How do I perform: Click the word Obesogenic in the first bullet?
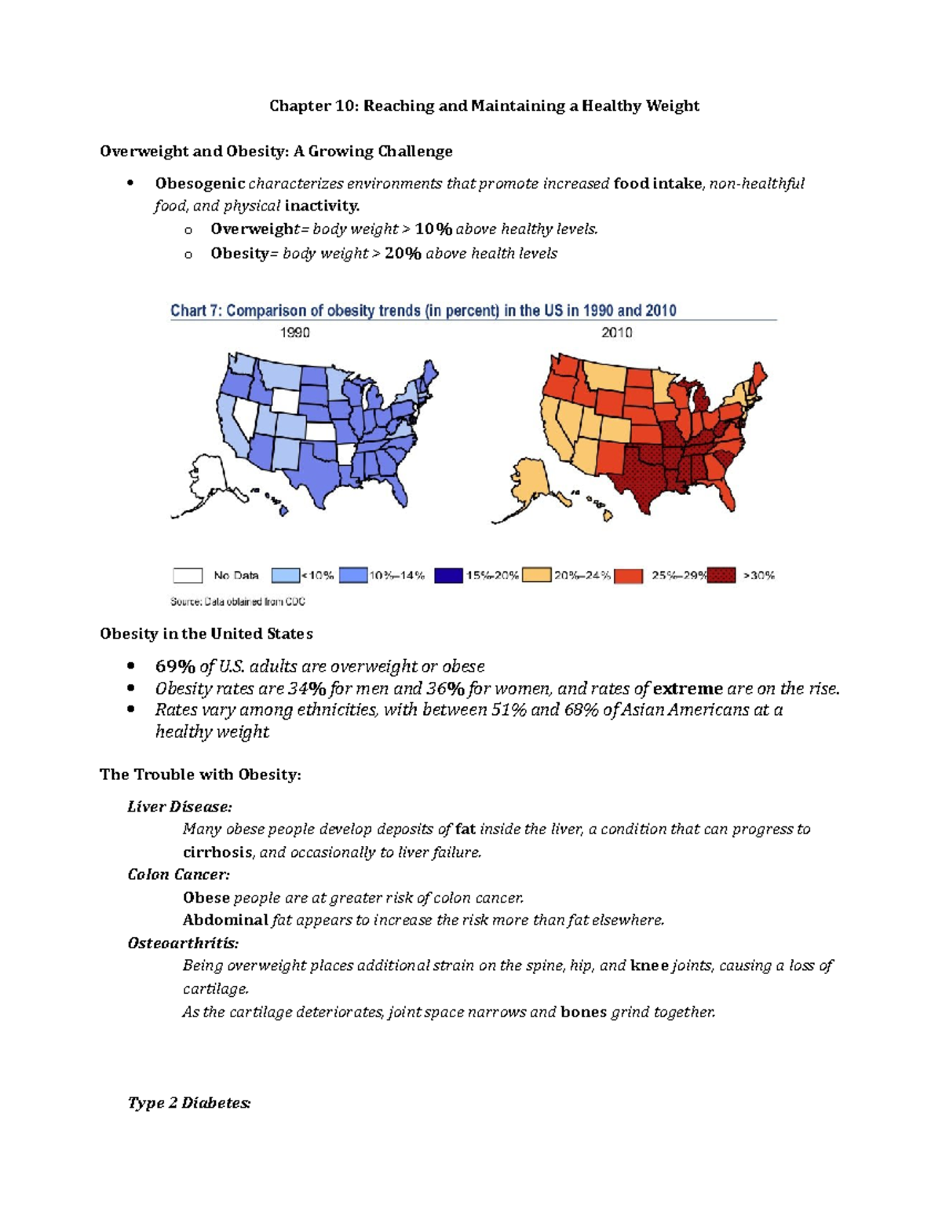[199, 184]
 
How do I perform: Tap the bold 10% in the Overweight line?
[433, 229]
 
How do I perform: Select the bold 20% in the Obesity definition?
[403, 254]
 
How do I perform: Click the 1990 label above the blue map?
[295, 333]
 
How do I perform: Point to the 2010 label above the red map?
[617, 333]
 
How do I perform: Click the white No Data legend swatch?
[188, 576]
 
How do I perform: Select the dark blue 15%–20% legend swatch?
[448, 576]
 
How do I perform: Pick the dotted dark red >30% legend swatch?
[721, 576]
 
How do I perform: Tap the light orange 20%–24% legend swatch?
[537, 576]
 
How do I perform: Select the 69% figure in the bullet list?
[175, 667]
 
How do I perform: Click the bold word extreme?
[688, 689]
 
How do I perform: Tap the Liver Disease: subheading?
[180, 807]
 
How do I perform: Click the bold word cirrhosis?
[217, 852]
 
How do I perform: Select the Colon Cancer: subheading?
[179, 875]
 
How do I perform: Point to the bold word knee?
[649, 965]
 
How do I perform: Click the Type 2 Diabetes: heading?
[189, 1103]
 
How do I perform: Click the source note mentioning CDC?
[238, 602]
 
